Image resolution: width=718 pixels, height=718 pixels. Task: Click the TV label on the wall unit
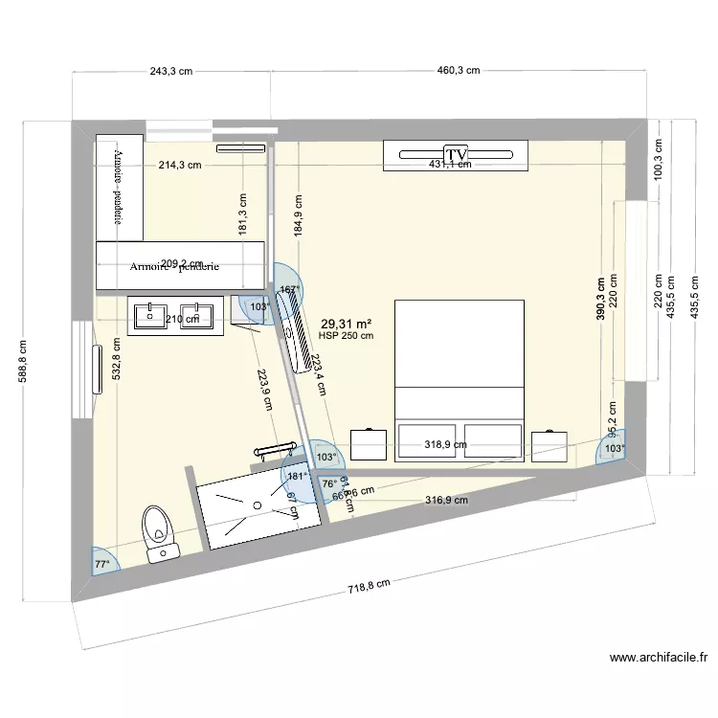(x=455, y=153)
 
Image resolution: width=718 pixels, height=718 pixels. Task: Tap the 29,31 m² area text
(x=347, y=325)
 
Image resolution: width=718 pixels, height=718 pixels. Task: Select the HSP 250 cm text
(x=347, y=336)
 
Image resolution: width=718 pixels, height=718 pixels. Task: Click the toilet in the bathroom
(x=158, y=531)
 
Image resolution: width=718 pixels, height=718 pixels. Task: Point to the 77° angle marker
(x=101, y=564)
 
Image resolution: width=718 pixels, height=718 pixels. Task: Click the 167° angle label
(x=289, y=289)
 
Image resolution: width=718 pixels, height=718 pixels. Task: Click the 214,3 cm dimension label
(x=180, y=165)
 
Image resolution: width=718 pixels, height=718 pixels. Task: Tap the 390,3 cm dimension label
(x=600, y=299)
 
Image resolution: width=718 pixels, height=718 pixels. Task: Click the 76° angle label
(x=328, y=484)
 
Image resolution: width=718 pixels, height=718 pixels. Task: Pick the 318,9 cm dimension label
(x=446, y=444)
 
